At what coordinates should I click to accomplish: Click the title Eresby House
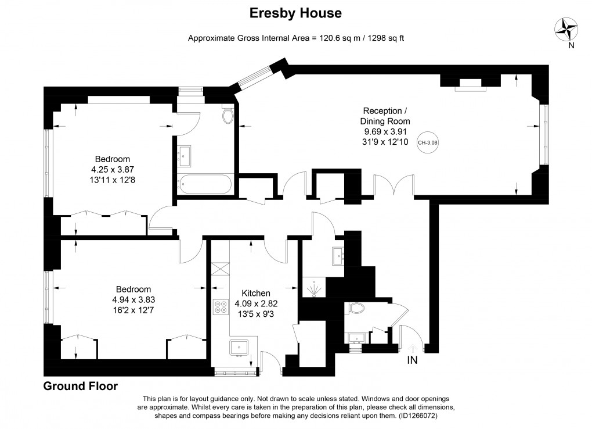(295, 13)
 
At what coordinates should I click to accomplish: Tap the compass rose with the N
(568, 28)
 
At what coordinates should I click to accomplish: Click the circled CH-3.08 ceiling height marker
(428, 142)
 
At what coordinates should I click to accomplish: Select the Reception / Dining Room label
(385, 116)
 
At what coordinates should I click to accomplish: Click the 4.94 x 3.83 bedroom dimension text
(133, 300)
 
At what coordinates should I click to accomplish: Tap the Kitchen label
(256, 293)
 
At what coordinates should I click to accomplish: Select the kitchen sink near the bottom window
(239, 348)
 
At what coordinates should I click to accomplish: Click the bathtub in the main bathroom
(205, 184)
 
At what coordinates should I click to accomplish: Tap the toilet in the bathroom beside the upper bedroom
(227, 115)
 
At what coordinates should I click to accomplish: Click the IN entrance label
(412, 360)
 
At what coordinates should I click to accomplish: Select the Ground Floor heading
(81, 386)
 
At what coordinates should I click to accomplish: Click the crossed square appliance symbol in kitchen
(221, 269)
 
